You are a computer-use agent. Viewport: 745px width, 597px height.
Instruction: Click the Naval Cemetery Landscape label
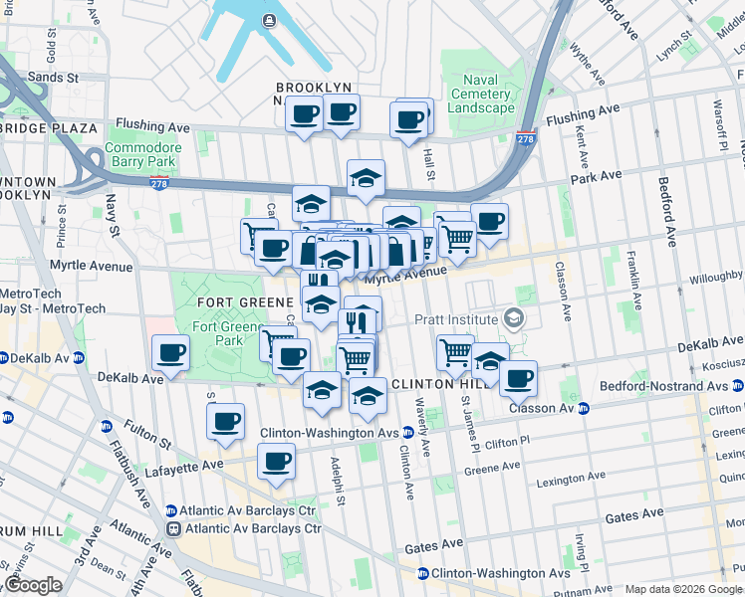[x=481, y=95]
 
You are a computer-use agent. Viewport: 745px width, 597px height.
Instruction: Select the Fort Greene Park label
[x=218, y=333]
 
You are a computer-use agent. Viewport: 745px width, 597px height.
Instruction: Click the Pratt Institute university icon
[x=514, y=318]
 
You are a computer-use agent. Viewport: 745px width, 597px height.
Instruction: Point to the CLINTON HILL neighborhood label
[x=437, y=384]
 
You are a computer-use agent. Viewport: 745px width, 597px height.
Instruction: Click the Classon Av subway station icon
[x=584, y=408]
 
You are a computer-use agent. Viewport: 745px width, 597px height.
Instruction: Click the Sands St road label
[x=56, y=77]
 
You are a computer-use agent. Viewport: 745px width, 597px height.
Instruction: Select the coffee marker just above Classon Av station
[x=519, y=378]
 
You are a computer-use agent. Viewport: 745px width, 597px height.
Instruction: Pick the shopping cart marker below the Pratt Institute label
[x=455, y=351]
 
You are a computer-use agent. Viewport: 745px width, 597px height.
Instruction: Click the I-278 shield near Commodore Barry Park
[x=158, y=183]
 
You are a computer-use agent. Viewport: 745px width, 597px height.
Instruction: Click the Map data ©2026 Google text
[x=682, y=589]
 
